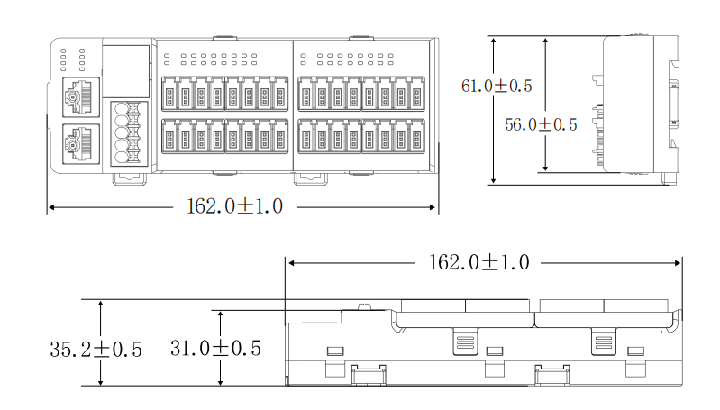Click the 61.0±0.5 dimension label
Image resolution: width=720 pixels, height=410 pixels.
pyautogui.click(x=497, y=86)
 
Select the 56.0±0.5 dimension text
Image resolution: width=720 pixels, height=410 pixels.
pyautogui.click(x=541, y=124)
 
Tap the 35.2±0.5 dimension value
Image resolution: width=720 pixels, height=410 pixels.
pyautogui.click(x=96, y=350)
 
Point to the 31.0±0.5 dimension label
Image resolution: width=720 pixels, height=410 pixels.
pyautogui.click(x=215, y=348)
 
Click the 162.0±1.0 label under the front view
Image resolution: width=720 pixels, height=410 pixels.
pyautogui.click(x=234, y=206)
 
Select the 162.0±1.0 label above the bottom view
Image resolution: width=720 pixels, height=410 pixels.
pyautogui.click(x=478, y=262)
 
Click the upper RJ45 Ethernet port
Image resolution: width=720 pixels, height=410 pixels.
pyautogui.click(x=81, y=97)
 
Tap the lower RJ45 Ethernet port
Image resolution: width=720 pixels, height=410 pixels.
pyautogui.click(x=81, y=143)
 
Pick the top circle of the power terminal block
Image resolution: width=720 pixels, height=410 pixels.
pyautogui.click(x=122, y=109)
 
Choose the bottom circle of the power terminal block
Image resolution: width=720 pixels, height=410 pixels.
pyautogui.click(x=122, y=158)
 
